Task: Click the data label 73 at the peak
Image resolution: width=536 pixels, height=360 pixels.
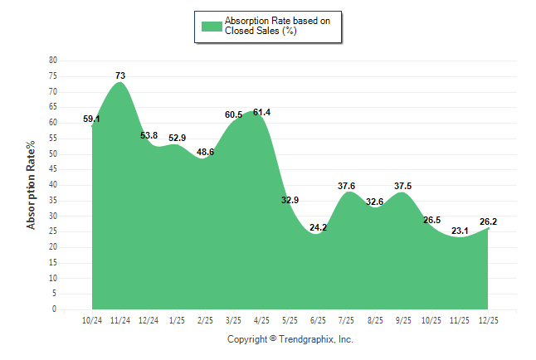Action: [120, 75]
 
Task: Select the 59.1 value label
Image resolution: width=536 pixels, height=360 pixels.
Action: [92, 119]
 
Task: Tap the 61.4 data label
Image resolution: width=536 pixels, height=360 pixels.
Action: [261, 112]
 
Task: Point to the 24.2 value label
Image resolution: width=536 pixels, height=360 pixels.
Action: [318, 227]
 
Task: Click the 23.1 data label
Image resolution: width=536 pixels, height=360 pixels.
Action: [459, 231]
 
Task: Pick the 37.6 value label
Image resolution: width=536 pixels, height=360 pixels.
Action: [347, 186]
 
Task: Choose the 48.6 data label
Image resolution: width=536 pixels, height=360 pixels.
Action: [205, 152]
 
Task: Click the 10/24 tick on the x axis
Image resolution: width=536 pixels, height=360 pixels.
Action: [92, 320]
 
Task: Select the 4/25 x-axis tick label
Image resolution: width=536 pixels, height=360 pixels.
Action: [261, 320]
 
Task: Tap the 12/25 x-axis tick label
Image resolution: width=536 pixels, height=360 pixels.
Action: [487, 320]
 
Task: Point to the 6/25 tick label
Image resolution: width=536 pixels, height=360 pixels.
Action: [318, 320]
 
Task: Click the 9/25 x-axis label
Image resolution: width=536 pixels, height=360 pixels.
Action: [402, 320]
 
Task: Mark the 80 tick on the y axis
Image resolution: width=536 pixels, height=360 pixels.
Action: [53, 61]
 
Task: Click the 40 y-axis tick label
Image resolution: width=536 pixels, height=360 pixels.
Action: [53, 185]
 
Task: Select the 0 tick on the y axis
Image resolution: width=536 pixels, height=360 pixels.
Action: [55, 309]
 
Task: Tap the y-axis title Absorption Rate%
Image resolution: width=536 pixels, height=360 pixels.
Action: [32, 185]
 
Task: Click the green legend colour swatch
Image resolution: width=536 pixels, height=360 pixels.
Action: [210, 26]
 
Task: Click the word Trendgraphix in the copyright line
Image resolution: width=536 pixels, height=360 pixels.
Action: [306, 339]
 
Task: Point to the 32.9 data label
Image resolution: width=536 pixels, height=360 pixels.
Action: [290, 200]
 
